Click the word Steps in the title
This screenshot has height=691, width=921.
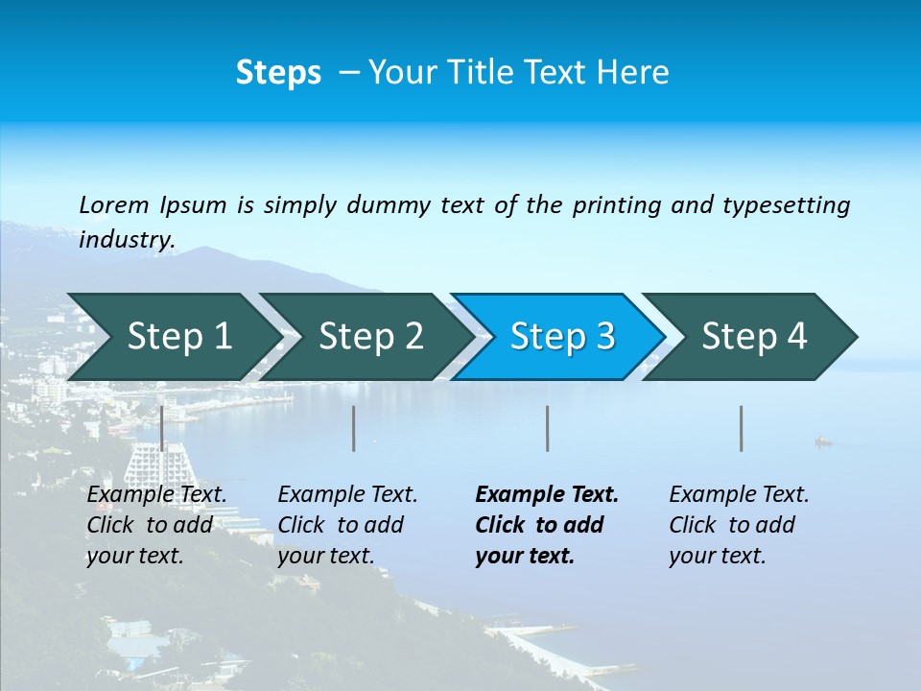tap(278, 72)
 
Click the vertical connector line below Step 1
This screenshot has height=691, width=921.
tap(162, 428)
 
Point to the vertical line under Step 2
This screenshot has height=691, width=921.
tap(354, 428)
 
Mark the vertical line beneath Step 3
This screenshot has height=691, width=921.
tap(547, 428)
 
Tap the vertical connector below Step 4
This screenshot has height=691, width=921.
tap(741, 428)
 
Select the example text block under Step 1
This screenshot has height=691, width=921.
tap(156, 524)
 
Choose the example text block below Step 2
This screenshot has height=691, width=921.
tap(347, 524)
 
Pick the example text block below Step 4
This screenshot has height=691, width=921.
tap(739, 524)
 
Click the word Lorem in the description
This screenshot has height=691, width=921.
tap(114, 204)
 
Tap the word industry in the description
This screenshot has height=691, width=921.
tap(127, 239)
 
